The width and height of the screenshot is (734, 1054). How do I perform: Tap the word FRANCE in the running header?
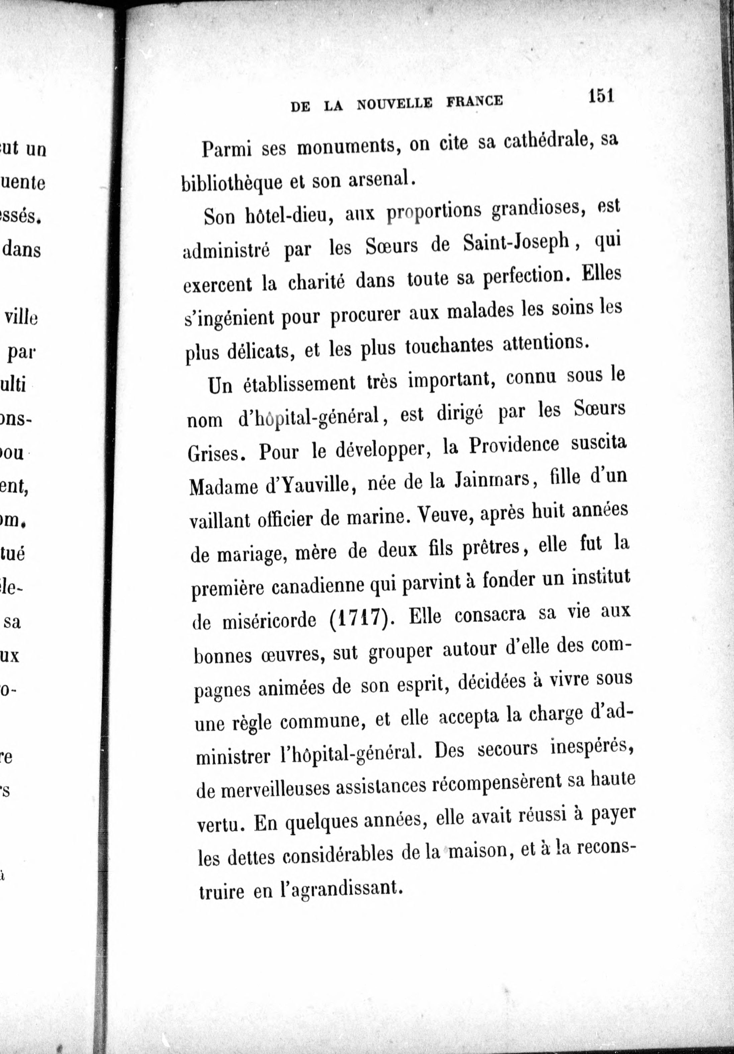point(474,101)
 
